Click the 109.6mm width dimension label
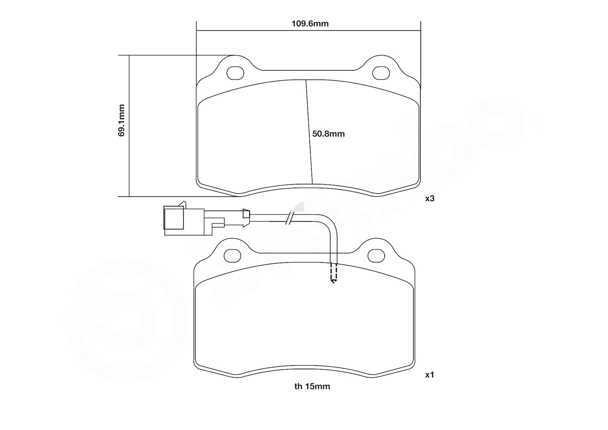pyautogui.click(x=310, y=24)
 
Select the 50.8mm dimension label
pyautogui.click(x=328, y=134)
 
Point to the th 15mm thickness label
pyautogui.click(x=312, y=386)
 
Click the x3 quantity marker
pyautogui.click(x=429, y=199)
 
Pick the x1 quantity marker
pyautogui.click(x=429, y=374)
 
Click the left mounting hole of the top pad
pyautogui.click(x=235, y=73)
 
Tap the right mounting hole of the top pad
pyautogui.click(x=381, y=73)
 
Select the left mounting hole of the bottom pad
pyautogui.click(x=232, y=255)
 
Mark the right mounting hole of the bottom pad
pyautogui.click(x=376, y=255)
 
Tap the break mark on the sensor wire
pyautogui.click(x=289, y=218)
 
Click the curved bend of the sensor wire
pyautogui.click(x=330, y=223)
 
